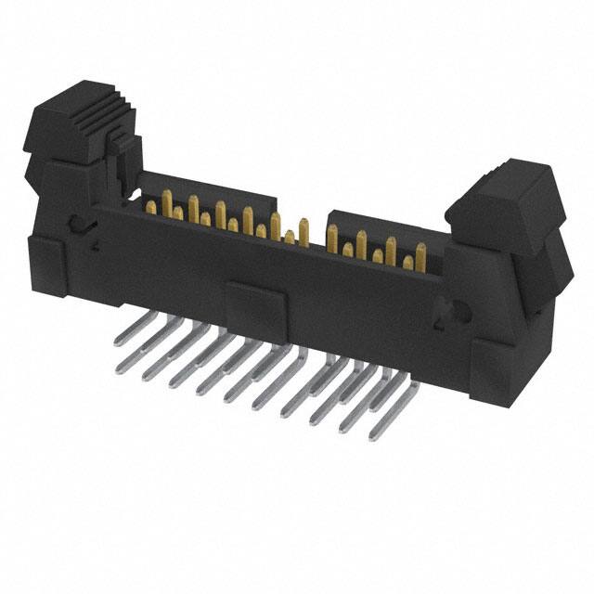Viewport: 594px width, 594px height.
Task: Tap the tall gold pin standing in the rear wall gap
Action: point(303,230)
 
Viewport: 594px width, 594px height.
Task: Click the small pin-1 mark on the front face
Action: point(96,247)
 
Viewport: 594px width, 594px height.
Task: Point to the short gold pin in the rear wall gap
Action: point(289,237)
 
